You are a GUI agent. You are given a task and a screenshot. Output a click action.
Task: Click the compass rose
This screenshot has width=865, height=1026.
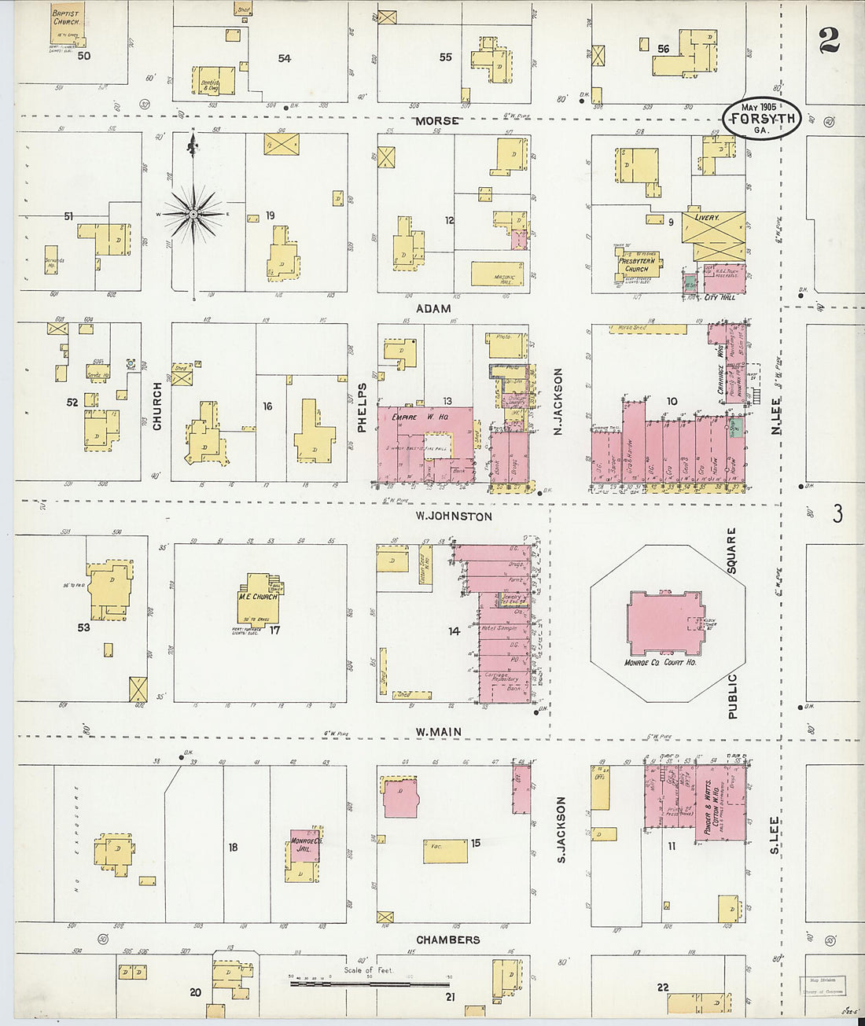193,213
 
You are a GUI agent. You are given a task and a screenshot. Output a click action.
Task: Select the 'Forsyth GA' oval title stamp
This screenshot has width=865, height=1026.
761,119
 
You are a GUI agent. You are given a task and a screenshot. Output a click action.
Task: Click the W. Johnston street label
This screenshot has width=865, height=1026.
455,517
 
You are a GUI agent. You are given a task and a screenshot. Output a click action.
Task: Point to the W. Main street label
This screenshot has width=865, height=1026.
439,732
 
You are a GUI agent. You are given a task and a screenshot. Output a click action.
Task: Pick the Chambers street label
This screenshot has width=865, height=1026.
447,940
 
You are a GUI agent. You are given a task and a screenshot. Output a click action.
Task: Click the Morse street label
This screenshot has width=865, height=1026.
437,121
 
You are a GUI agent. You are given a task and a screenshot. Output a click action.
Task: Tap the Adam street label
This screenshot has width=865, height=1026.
434,308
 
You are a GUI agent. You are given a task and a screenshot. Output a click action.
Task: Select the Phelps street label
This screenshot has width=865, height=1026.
363,407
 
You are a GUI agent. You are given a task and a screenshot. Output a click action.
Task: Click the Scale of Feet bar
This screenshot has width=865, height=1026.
370,982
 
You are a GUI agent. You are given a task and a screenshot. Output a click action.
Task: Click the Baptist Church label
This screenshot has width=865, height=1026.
66,17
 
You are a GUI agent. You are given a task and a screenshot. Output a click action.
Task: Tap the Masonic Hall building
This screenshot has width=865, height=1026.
497,274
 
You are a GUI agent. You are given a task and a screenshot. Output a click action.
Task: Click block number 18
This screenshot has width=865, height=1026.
233,847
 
